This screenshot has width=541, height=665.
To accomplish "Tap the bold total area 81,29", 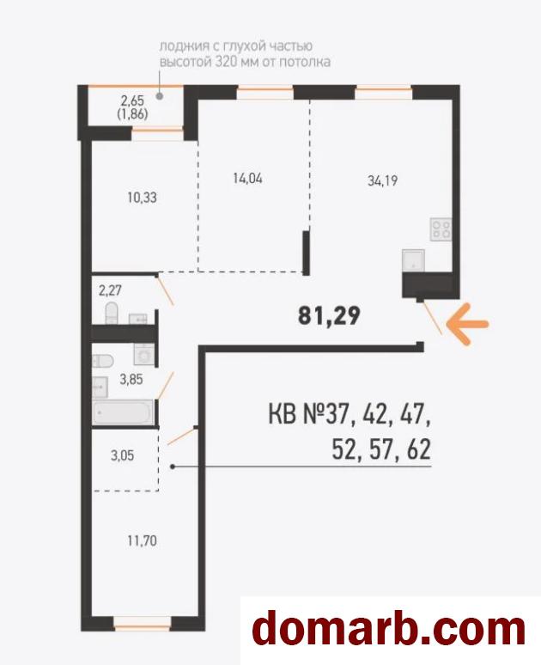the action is [329, 315].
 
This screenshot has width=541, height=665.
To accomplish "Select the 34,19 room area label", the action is [382, 181].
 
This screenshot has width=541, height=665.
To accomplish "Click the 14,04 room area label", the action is [247, 178].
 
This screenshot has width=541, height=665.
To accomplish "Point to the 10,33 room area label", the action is [142, 198].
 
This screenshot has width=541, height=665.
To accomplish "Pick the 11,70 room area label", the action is [142, 540].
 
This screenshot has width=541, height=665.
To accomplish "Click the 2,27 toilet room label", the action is [110, 290].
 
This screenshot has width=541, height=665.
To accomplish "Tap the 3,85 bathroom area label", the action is [131, 379].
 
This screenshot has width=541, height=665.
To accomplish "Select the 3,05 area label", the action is [122, 455].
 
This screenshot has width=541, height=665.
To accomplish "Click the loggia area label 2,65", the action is [132, 101].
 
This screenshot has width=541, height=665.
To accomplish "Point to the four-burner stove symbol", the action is [441, 229].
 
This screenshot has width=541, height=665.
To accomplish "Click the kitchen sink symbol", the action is [413, 260].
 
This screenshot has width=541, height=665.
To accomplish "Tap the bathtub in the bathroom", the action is [124, 412].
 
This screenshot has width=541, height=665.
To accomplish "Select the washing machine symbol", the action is [144, 354].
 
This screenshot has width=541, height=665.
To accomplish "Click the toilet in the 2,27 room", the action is [111, 313].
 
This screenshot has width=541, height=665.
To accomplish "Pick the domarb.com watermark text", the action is [389, 630].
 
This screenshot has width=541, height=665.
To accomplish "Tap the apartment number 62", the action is [419, 449].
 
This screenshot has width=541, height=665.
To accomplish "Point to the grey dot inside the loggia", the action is [160, 96].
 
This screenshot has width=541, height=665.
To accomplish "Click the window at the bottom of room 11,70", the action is [142, 623].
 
